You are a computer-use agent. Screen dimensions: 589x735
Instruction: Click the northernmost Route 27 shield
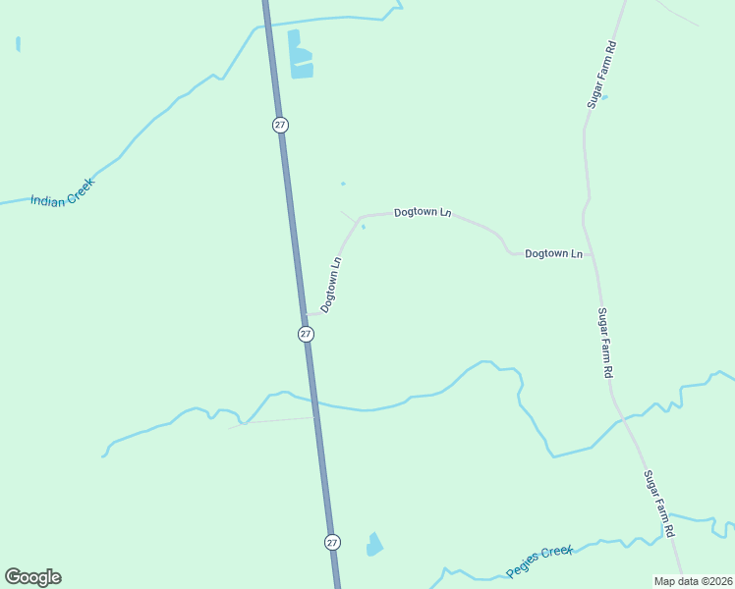coord(280,125)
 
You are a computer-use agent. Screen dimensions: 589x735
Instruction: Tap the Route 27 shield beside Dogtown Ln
coord(306,334)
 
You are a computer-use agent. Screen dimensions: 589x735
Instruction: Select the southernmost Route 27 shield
coord(332,542)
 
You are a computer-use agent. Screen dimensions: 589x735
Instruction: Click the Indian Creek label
coord(62,192)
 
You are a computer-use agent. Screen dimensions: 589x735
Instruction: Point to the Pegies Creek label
coord(539,562)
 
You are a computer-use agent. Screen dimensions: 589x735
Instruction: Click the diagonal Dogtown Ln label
coord(331,285)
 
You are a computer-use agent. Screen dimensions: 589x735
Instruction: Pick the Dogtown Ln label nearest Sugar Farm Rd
coord(554,253)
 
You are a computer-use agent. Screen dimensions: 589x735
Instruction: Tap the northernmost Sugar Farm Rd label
coord(600,74)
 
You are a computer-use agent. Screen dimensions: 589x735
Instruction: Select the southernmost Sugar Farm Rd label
coord(658,504)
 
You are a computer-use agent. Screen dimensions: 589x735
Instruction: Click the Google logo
coord(32,577)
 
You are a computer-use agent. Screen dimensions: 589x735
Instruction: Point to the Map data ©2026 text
coord(693,581)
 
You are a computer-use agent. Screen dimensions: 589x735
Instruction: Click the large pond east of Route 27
coord(301,56)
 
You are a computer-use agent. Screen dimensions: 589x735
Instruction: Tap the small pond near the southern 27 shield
coord(374,544)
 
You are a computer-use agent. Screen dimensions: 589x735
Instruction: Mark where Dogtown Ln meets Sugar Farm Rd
coord(589,254)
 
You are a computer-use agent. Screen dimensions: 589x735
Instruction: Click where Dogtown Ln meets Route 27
coord(304,315)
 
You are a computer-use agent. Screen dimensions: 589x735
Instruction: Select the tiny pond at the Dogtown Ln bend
coord(364,227)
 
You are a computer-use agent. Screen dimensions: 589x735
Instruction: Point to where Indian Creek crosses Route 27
coord(266,25)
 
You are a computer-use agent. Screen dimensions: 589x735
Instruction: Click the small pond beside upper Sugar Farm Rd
coord(604,96)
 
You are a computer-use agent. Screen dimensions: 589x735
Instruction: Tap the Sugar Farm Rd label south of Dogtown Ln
coord(605,344)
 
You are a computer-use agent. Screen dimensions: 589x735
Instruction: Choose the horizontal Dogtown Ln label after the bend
coord(423,212)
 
